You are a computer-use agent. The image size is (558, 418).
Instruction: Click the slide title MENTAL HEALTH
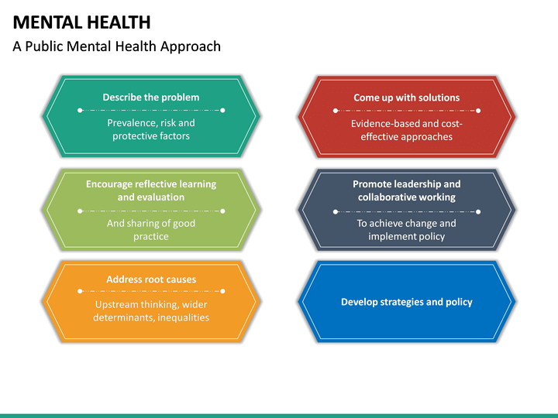click(x=81, y=22)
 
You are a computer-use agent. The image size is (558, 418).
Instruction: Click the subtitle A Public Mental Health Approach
click(x=116, y=46)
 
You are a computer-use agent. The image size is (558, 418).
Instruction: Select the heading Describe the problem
click(x=151, y=98)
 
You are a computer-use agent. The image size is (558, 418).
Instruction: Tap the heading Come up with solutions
click(x=407, y=98)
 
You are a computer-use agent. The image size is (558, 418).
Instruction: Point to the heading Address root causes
click(x=151, y=279)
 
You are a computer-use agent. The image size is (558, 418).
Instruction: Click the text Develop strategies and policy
click(x=407, y=302)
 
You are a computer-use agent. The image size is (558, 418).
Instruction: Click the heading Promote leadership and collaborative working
click(x=407, y=190)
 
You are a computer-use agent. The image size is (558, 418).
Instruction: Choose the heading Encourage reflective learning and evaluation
click(x=151, y=190)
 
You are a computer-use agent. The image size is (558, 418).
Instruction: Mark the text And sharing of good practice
click(x=151, y=230)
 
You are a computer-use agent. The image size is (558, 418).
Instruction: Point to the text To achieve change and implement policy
click(x=407, y=230)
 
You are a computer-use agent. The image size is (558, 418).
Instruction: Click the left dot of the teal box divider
click(x=80, y=111)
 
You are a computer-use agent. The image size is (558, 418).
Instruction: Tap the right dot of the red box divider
click(x=478, y=111)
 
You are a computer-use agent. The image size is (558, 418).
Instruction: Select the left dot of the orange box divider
click(x=80, y=291)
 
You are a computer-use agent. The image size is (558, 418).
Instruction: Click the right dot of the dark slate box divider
click(x=478, y=211)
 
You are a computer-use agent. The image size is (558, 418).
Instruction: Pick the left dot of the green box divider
click(x=80, y=211)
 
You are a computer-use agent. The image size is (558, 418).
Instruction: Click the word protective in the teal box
click(x=133, y=136)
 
